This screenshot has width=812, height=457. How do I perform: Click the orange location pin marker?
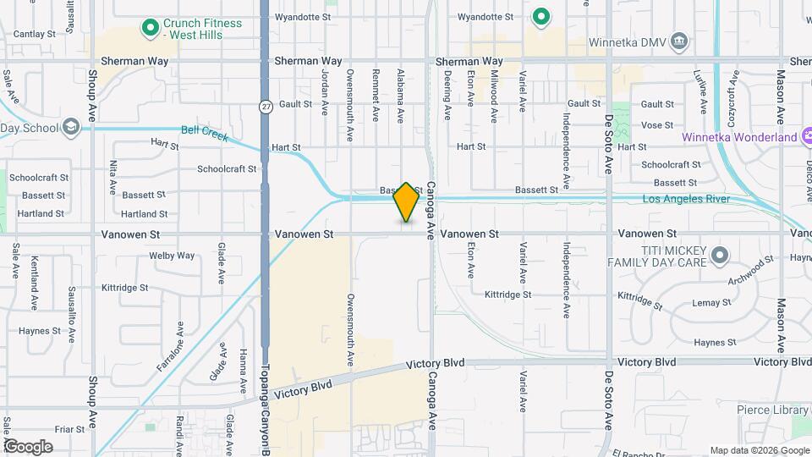406,202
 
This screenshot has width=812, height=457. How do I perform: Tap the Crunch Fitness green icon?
151,29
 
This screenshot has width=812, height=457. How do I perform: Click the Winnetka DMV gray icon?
678,41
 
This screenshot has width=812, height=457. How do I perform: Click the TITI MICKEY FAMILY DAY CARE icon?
720,254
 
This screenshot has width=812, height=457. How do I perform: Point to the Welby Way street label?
172,256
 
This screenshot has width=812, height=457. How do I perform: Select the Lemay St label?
711,302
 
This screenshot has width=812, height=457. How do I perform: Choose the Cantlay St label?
35,34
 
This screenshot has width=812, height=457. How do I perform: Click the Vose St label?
656,125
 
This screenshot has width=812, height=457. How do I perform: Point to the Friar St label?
65,428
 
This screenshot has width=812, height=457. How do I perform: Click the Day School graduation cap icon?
71,128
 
